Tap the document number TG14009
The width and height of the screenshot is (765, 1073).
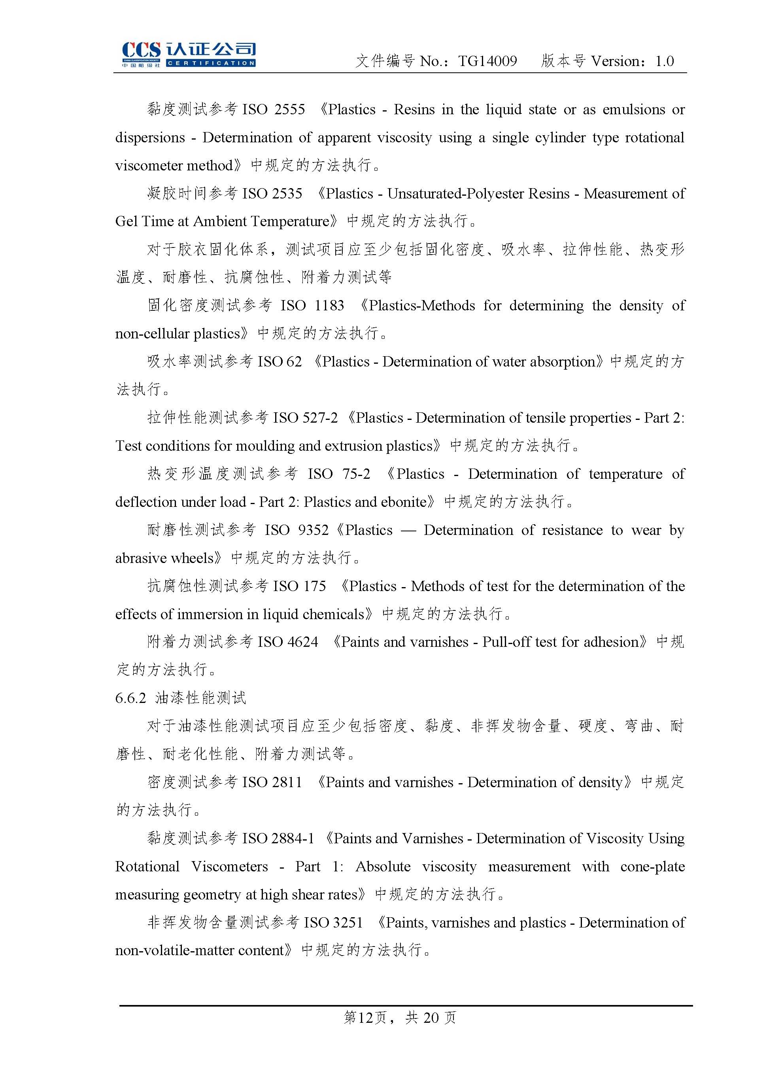[487, 61]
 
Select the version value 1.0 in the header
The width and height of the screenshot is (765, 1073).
[664, 61]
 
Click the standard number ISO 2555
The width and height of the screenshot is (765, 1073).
[274, 110]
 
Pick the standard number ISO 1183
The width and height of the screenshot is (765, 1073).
[312, 306]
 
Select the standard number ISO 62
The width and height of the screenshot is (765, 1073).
[280, 362]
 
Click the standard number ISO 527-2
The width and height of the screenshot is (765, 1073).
[305, 418]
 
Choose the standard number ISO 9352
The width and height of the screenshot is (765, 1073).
[296, 531]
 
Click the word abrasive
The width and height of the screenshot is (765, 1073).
[140, 558]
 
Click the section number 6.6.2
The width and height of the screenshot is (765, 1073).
[131, 698]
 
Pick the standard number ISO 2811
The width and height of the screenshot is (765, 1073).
[272, 782]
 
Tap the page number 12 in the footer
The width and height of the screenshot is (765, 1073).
[366, 1018]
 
